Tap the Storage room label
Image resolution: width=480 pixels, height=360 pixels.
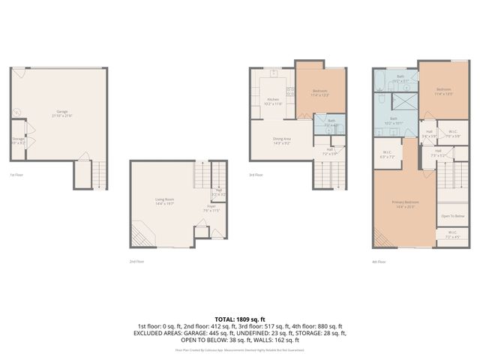18,141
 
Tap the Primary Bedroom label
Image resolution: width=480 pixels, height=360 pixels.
405,203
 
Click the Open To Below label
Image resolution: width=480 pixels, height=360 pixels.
452,216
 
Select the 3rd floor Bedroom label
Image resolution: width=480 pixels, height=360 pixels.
320,92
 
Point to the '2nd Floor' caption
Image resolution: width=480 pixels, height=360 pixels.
135,262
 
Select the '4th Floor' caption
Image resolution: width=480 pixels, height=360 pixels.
379,262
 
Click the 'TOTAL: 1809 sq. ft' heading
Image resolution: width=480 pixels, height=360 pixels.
240,319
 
